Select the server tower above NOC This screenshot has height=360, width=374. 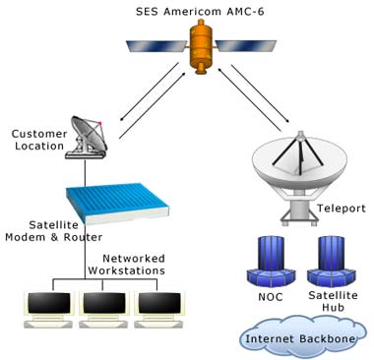click(x=269, y=260)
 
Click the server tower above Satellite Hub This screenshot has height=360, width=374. click(x=326, y=260)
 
